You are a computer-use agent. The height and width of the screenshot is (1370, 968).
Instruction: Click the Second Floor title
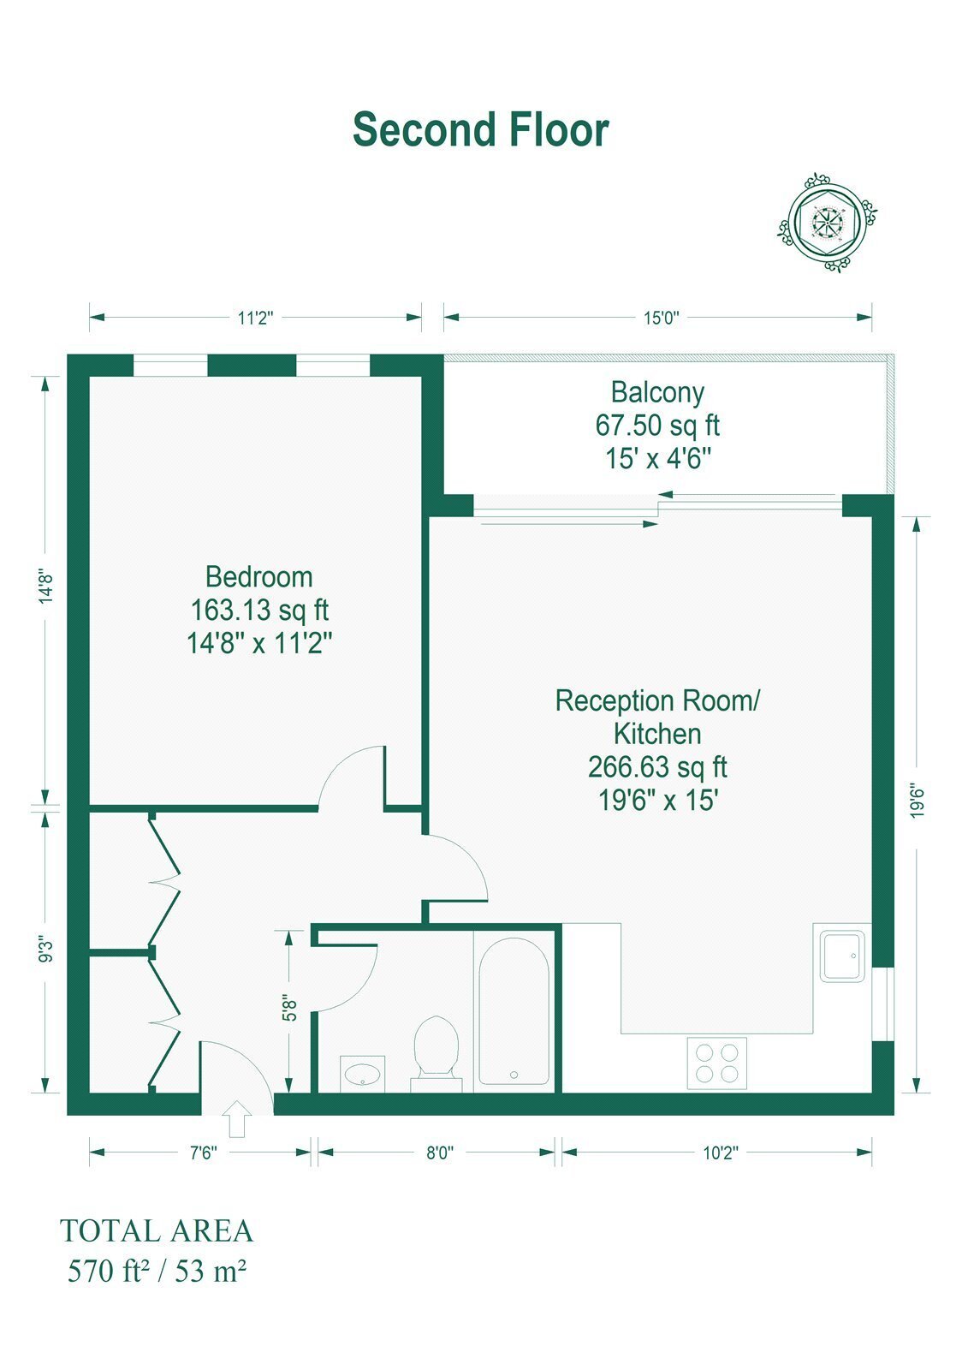pyautogui.click(x=481, y=129)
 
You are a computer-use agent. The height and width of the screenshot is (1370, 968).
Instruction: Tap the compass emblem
pyautogui.click(x=827, y=223)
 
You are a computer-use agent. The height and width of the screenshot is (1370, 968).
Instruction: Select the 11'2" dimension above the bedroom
pyautogui.click(x=256, y=318)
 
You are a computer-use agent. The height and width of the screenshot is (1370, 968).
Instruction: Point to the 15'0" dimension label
pyautogui.click(x=661, y=318)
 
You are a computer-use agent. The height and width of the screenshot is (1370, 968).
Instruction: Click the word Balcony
pyautogui.click(x=657, y=392)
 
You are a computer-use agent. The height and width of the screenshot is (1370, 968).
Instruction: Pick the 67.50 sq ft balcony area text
pyautogui.click(x=657, y=425)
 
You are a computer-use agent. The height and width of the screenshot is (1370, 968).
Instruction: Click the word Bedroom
pyautogui.click(x=259, y=577)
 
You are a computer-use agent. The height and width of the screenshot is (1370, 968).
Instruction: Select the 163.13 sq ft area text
pyautogui.click(x=260, y=610)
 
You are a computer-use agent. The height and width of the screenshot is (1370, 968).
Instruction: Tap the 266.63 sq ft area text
pyautogui.click(x=657, y=767)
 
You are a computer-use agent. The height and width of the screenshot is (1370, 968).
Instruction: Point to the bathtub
pyautogui.click(x=514, y=1011)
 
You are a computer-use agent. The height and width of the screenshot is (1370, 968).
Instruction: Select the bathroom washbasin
pyautogui.click(x=363, y=1074)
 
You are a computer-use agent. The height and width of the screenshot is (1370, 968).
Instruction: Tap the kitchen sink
pyautogui.click(x=842, y=956)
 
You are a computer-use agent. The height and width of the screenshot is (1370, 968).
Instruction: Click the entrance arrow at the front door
pyautogui.click(x=236, y=1118)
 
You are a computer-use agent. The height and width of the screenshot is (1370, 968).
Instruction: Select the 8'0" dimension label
pyautogui.click(x=439, y=1153)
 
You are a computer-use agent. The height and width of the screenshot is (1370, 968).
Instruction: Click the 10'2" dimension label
pyautogui.click(x=721, y=1153)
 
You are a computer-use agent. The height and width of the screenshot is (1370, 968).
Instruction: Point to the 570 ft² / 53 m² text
pyautogui.click(x=157, y=1271)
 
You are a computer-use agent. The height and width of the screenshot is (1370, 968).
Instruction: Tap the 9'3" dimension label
pyautogui.click(x=46, y=951)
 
